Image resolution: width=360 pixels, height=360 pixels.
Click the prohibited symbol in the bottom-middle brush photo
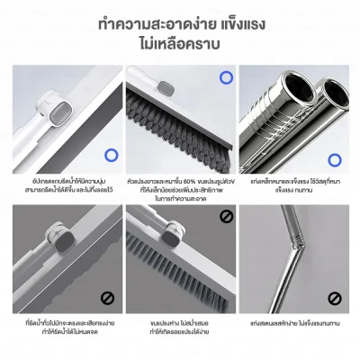tap(226, 216)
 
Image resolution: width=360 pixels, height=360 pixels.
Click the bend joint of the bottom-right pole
tap(291, 267)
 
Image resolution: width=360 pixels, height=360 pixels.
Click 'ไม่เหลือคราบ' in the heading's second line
tap(180, 44)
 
